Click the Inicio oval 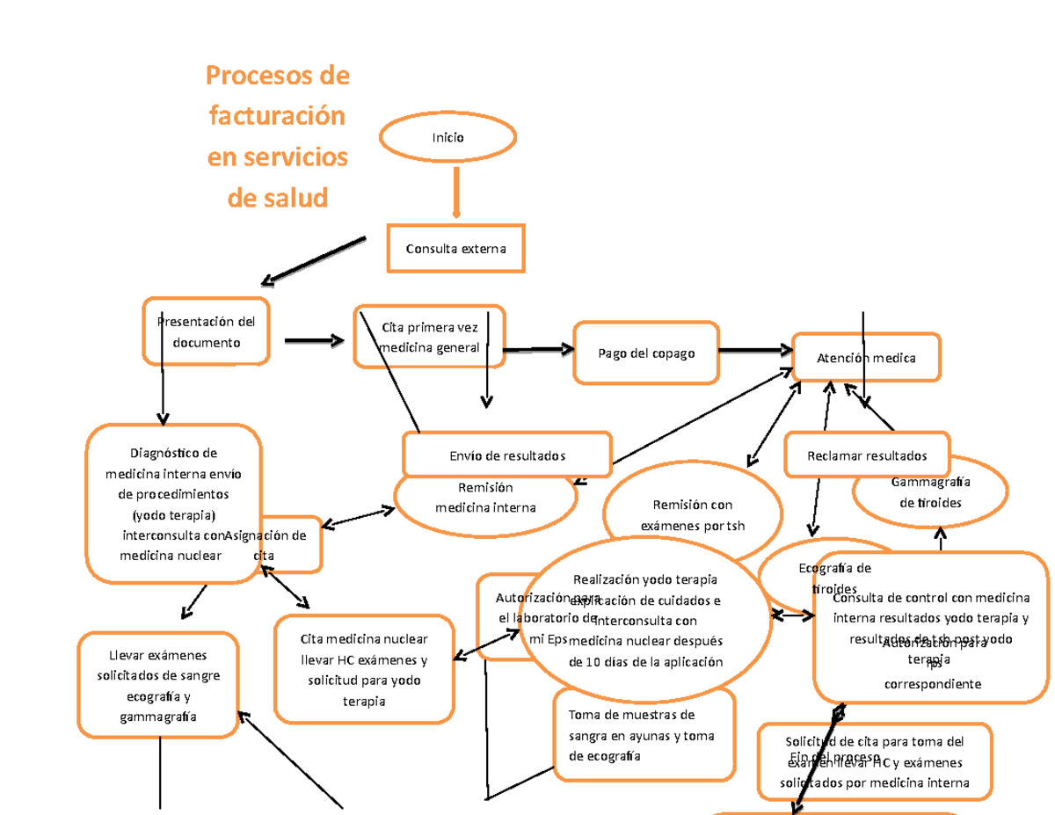pyautogui.click(x=447, y=137)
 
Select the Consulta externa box pyautogui.click(x=455, y=249)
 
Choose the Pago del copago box pyautogui.click(x=646, y=353)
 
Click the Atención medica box pyautogui.click(x=866, y=358)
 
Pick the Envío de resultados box pyautogui.click(x=507, y=455)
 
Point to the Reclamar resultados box pyautogui.click(x=867, y=455)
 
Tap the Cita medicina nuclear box pyautogui.click(x=364, y=668)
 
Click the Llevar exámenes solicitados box pyautogui.click(x=158, y=685)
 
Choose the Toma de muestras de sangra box pyautogui.click(x=643, y=735)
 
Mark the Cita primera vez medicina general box pyautogui.click(x=429, y=336)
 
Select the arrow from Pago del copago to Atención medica pyautogui.click(x=755, y=350)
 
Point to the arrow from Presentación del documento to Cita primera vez pyautogui.click(x=314, y=341)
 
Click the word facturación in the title pyautogui.click(x=277, y=116)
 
